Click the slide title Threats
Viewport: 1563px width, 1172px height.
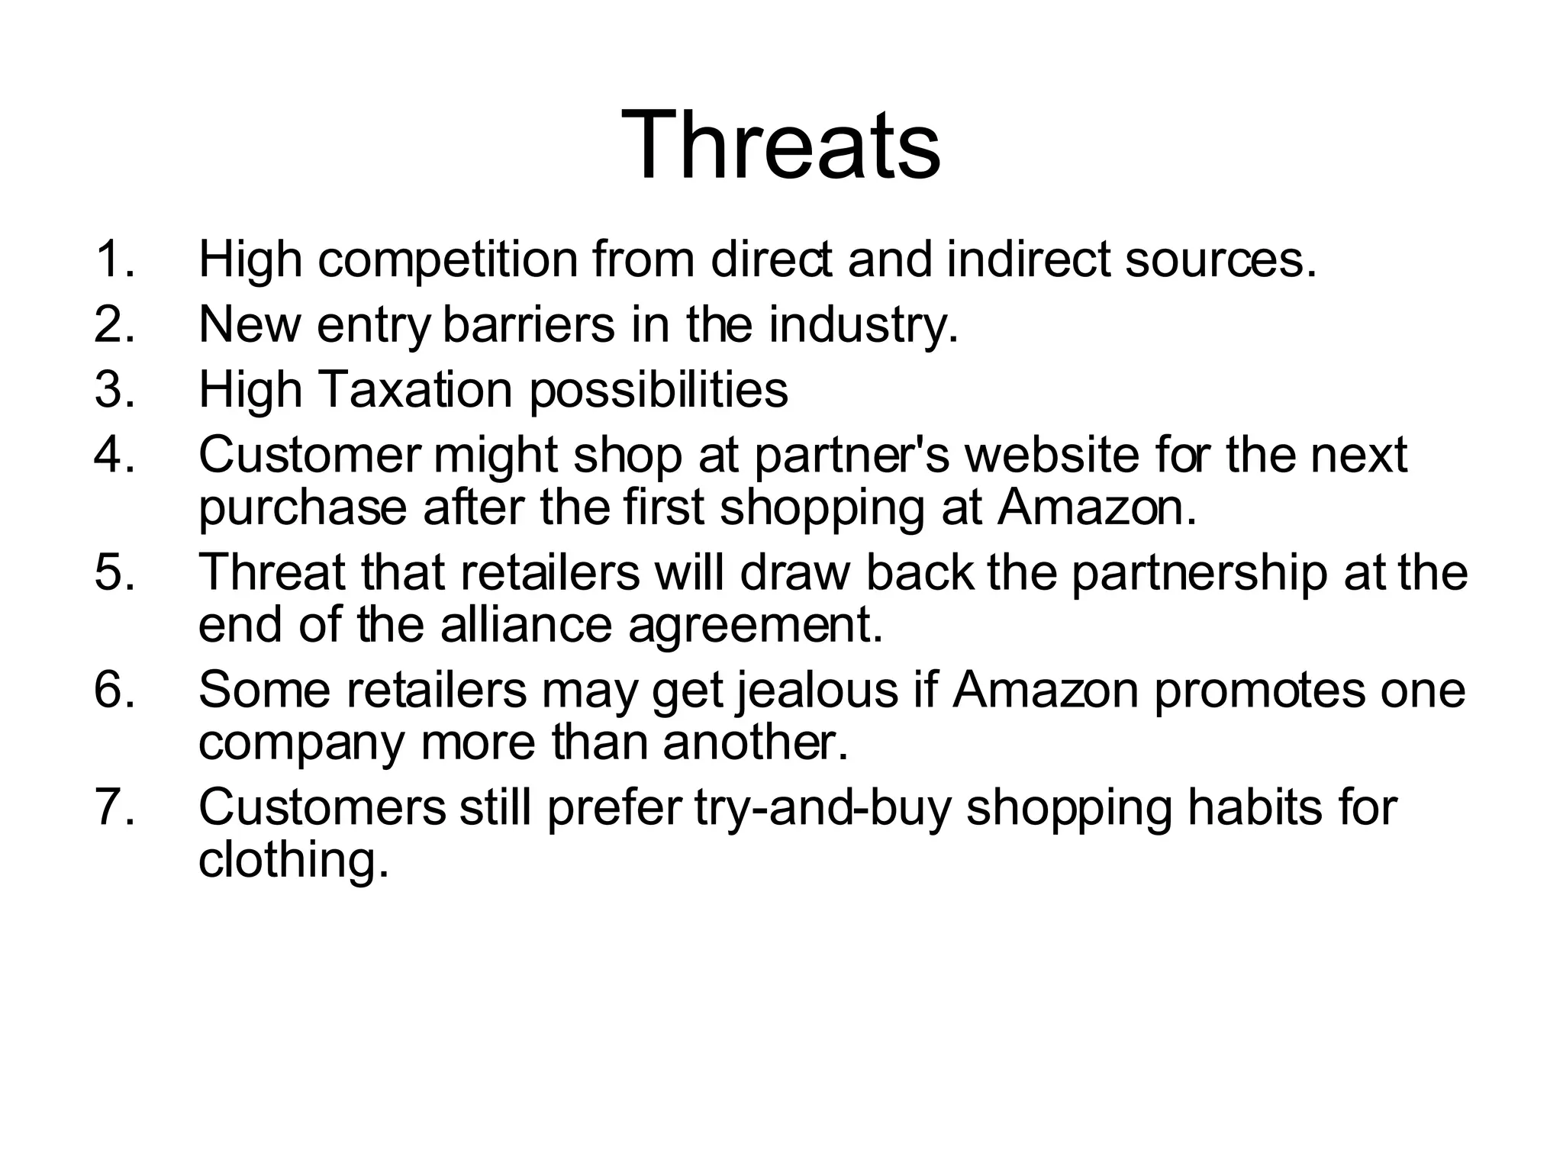click(781, 145)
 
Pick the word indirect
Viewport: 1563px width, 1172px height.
click(1028, 259)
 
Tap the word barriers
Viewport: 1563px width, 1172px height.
click(528, 324)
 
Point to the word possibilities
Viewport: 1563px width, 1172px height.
click(659, 391)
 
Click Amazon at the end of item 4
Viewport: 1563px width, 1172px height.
click(1097, 508)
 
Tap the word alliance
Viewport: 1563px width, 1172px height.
click(527, 626)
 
